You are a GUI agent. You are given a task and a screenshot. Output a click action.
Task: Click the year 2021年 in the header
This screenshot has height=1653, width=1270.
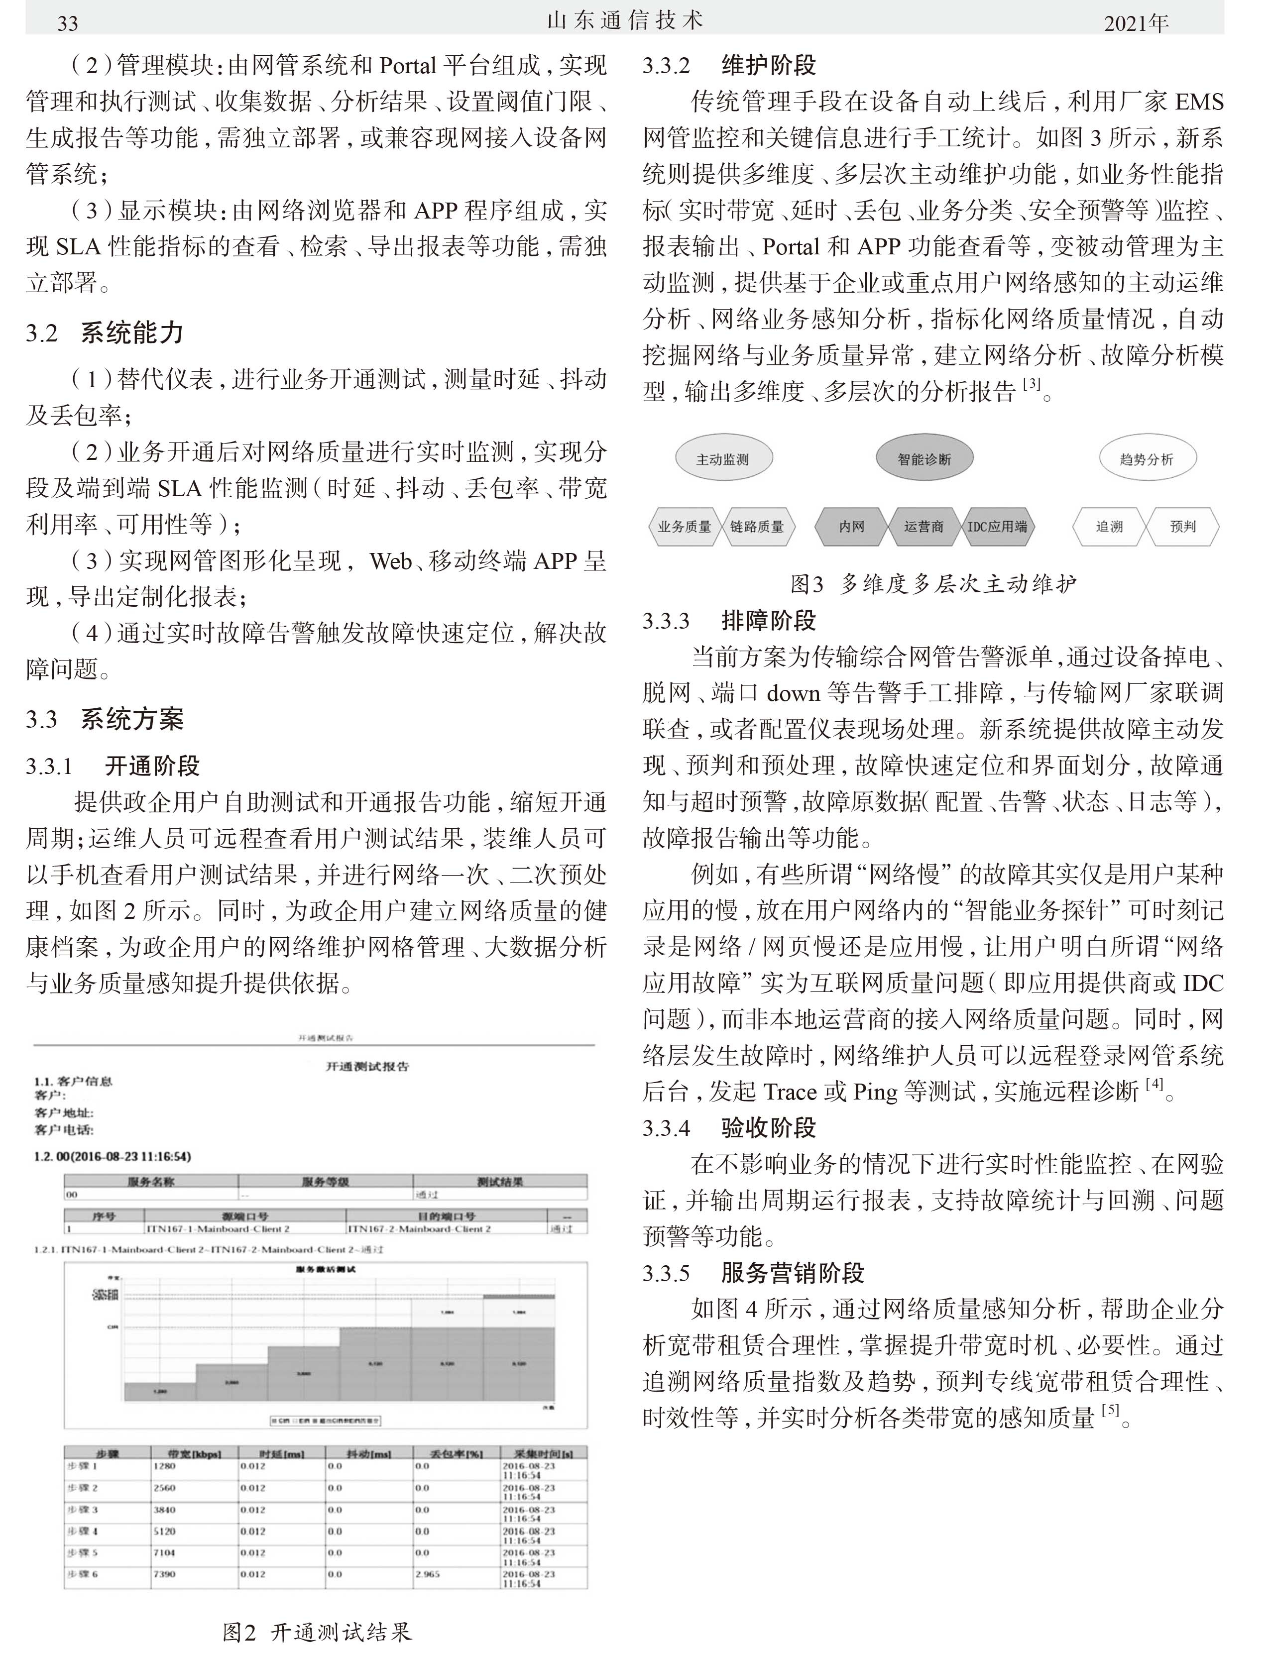coord(1136,23)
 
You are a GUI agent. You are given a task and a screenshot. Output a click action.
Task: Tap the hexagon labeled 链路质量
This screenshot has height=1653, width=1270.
coord(757,527)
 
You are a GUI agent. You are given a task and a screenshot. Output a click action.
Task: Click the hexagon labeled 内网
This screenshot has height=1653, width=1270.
coord(851,527)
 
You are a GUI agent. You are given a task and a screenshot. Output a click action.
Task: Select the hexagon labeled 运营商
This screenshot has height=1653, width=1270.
coord(924,527)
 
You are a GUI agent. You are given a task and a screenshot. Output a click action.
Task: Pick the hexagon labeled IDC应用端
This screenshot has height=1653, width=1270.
coord(997,527)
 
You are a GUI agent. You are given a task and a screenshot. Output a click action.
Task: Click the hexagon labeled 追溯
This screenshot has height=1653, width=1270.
coord(1109,527)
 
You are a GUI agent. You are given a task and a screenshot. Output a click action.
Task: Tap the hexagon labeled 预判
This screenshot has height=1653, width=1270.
coord(1182,527)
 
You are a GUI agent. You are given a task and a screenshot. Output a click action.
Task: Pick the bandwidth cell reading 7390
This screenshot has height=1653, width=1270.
coord(164,1574)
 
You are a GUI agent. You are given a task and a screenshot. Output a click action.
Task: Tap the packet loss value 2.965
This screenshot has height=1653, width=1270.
coord(427,1574)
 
